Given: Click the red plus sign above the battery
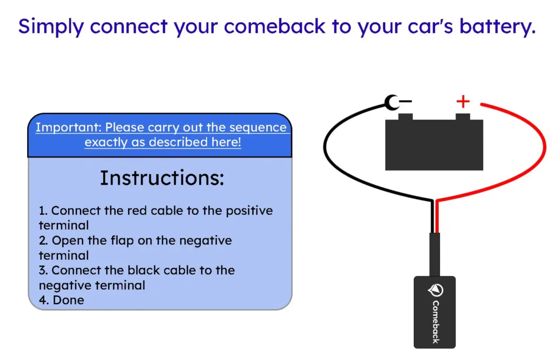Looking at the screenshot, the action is pos(463,101).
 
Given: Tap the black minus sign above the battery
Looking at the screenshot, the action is pos(406,101).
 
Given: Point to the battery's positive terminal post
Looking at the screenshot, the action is pos(463,117).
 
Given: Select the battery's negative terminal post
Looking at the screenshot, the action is pos(405,117).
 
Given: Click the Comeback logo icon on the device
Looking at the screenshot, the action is pos(436,290).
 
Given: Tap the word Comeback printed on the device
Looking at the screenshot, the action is pos(436,322).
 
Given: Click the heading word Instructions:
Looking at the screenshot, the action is pos(162,178).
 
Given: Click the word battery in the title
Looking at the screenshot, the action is pos(498,27).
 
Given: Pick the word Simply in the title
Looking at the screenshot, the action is pos(51,27).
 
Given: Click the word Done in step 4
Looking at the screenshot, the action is pos(68,300).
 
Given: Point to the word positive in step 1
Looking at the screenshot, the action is pos(249,211).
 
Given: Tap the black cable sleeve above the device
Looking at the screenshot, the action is pos(435,254).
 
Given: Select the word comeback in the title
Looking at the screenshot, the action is pos(274,27).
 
